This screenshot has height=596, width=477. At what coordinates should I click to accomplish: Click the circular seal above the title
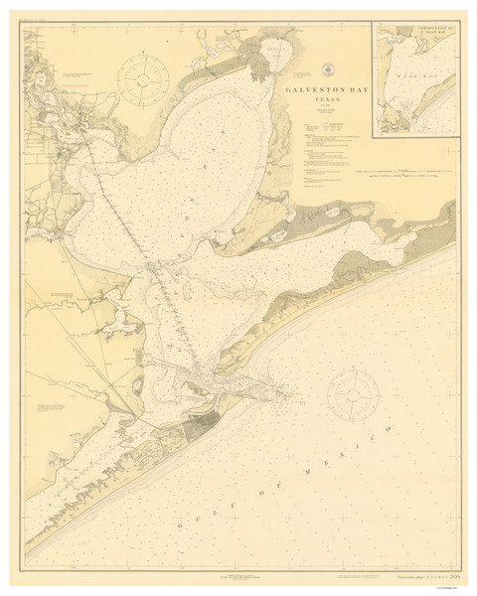329,70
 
